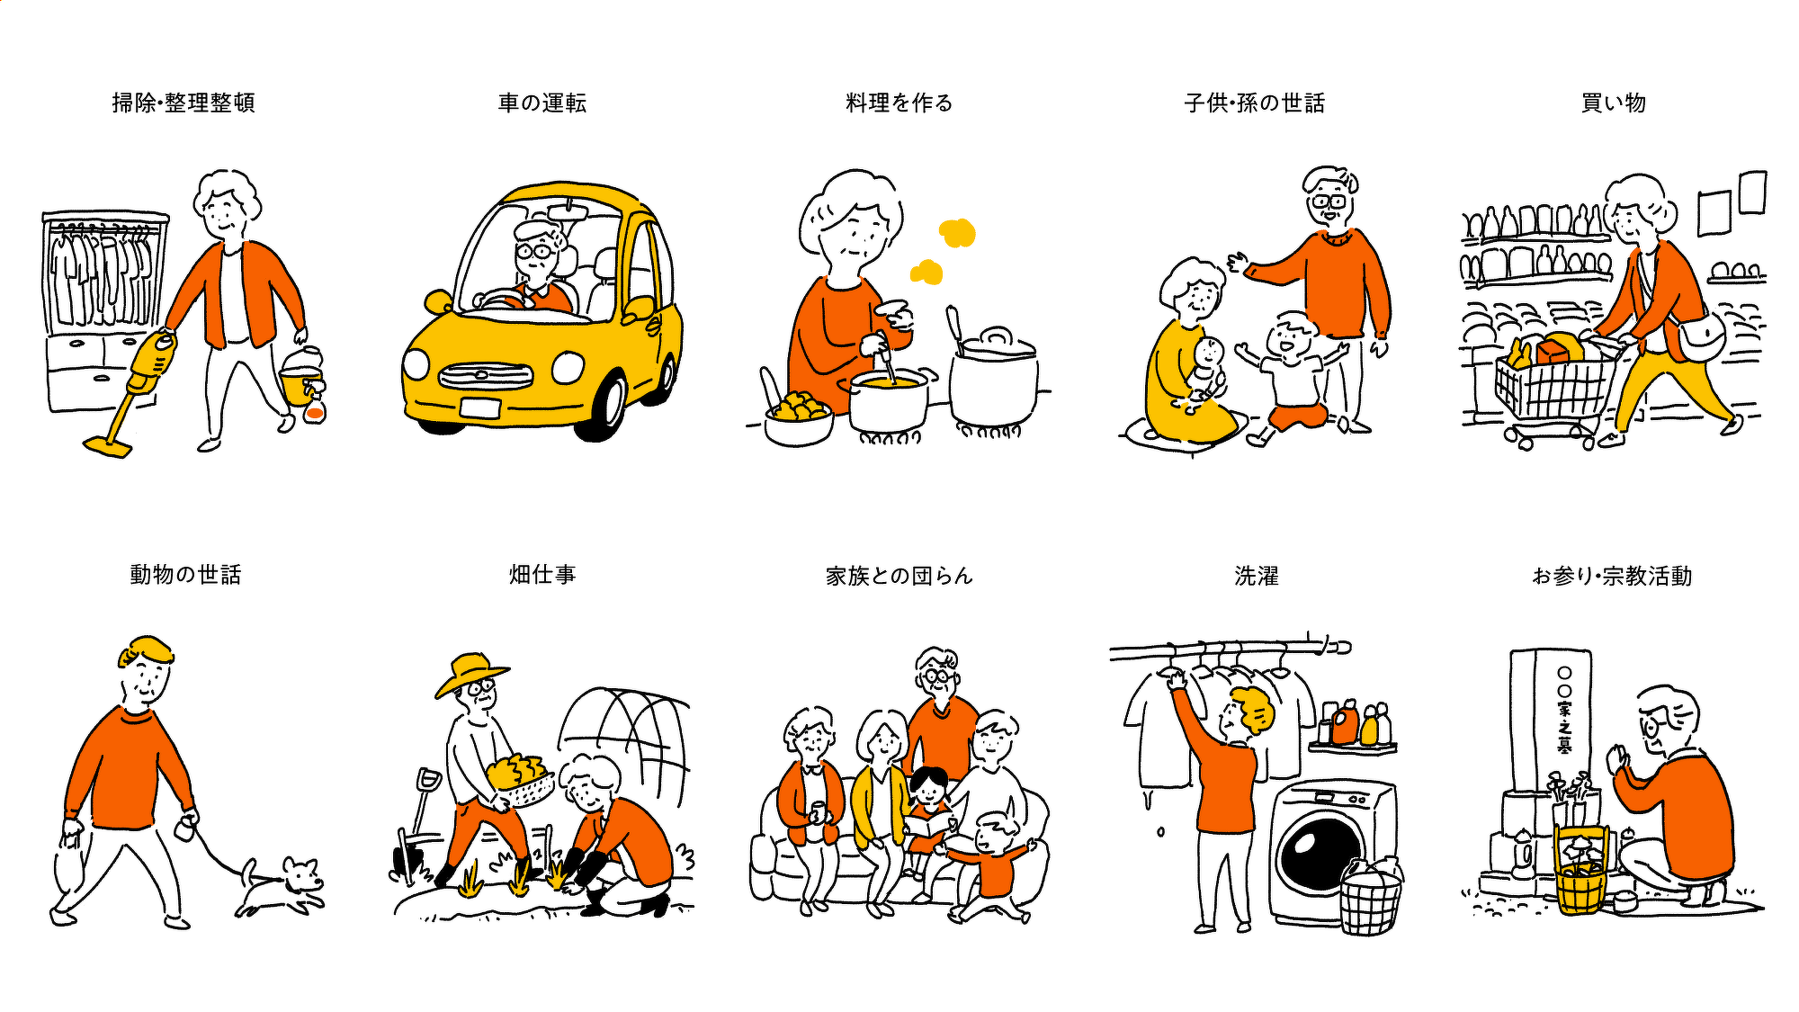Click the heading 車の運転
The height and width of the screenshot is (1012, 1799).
[x=542, y=103]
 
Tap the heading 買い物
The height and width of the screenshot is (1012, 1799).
[x=1614, y=103]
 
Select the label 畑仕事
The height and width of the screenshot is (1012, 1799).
[x=542, y=574]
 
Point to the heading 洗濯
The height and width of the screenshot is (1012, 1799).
[x=1257, y=576]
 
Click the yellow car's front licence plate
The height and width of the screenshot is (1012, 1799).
[x=479, y=407]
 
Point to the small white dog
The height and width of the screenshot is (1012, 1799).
[x=281, y=887]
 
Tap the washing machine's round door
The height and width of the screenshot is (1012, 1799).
[x=1321, y=849]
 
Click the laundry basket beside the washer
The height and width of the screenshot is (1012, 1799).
[x=1370, y=900]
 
